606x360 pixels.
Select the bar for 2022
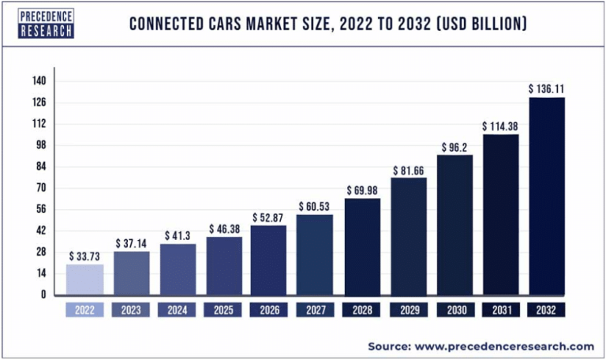click(x=84, y=279)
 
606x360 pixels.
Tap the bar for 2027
click(x=315, y=254)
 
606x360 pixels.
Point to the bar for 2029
click(x=408, y=236)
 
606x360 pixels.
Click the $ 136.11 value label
click(x=546, y=89)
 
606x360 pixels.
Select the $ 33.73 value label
click(x=84, y=256)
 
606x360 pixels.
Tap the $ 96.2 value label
click(x=454, y=146)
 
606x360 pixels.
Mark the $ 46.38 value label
click(x=223, y=229)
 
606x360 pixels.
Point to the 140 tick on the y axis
click(x=39, y=81)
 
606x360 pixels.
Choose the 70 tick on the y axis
click(x=39, y=188)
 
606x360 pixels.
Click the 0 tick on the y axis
click(x=44, y=294)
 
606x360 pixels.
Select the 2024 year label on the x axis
click(x=177, y=310)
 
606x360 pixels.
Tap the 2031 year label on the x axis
click(x=500, y=310)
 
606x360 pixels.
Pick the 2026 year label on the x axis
click(x=269, y=310)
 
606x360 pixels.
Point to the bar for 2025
click(x=223, y=265)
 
